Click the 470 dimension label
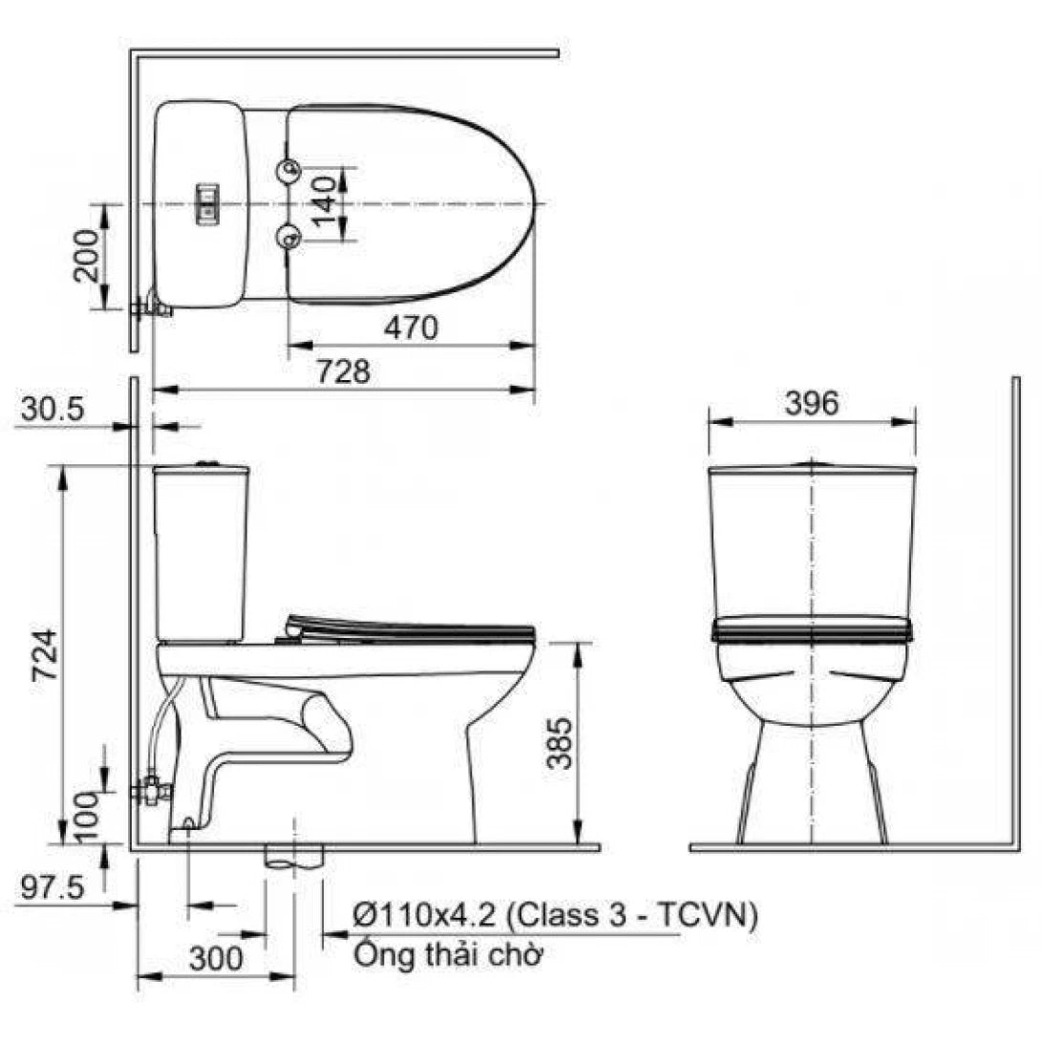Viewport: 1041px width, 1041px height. [x=411, y=328]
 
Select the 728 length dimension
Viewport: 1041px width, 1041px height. [x=343, y=372]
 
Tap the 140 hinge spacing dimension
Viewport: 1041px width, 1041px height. [x=325, y=204]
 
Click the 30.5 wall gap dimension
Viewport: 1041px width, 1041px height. [x=54, y=410]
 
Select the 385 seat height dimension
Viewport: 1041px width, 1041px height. [x=563, y=742]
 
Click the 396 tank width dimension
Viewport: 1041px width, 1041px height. [x=811, y=403]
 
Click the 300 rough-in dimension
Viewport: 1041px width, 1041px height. [x=215, y=958]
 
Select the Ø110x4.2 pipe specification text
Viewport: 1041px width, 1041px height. [x=555, y=917]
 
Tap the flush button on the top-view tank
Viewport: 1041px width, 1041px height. [x=208, y=203]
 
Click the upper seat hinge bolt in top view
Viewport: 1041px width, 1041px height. [x=288, y=171]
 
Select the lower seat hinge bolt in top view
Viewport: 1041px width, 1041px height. [x=288, y=235]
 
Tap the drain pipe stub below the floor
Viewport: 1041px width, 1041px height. [x=295, y=858]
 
